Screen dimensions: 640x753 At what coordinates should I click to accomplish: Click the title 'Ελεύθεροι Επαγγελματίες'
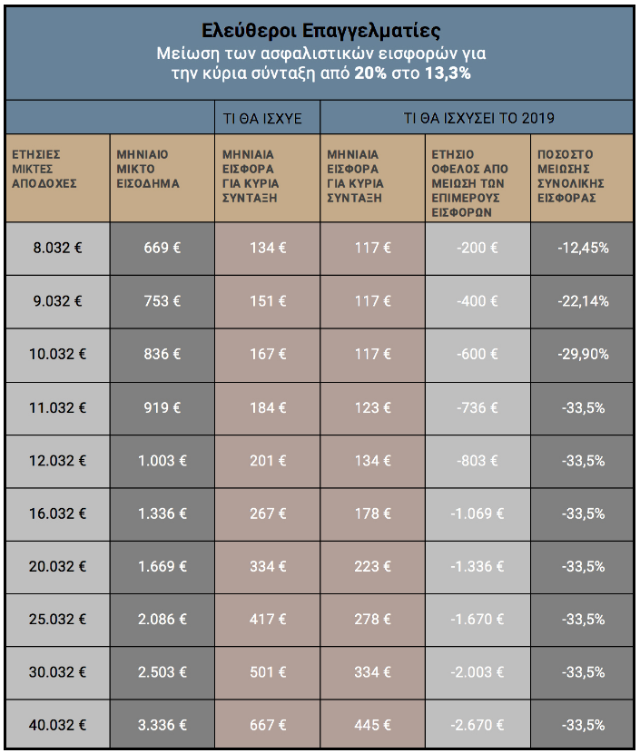320,30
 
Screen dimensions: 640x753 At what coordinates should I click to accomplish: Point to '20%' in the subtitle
370,73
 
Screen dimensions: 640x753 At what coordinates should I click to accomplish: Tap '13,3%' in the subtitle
448,73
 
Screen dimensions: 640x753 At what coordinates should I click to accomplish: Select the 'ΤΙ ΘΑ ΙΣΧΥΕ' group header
262,118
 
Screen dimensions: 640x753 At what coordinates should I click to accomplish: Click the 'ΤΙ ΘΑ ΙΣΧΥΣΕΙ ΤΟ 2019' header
479,118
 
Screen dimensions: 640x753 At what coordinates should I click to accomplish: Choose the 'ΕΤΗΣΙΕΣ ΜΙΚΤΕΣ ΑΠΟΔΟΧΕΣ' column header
44,169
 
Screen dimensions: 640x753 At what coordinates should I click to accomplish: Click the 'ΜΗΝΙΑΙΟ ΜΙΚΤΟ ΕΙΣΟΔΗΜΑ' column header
148,169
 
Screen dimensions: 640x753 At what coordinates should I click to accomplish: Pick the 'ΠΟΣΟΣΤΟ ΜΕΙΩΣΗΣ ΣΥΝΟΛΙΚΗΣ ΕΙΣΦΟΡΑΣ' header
571,176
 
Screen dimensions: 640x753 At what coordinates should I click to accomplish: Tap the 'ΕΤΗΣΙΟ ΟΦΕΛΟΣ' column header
469,183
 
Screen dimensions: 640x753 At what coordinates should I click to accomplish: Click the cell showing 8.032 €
58,248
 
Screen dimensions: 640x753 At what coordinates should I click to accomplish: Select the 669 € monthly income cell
162,248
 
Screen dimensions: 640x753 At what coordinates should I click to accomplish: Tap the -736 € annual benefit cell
478,407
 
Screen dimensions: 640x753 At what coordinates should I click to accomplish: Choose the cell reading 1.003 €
162,461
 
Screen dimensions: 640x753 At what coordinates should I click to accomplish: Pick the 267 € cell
268,513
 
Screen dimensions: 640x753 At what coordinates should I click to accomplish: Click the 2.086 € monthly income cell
162,619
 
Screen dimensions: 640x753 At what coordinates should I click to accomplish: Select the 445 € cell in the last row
373,725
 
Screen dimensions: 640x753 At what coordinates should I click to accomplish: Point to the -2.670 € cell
478,725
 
